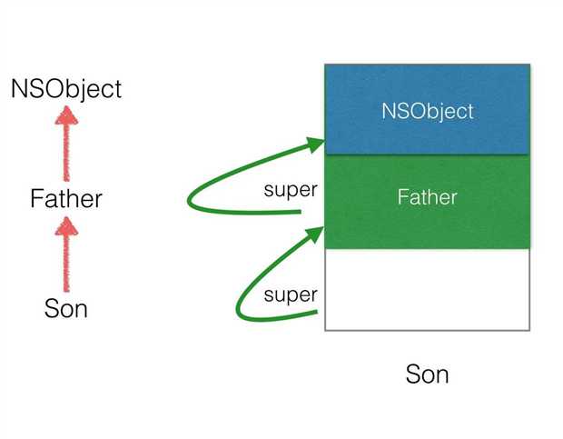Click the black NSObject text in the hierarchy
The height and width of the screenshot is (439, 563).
click(x=66, y=89)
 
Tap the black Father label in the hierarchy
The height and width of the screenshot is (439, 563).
click(x=66, y=199)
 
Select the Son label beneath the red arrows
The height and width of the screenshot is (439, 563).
click(x=66, y=309)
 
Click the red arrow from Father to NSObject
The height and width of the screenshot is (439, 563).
click(x=66, y=144)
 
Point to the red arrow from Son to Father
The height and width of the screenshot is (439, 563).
click(x=66, y=254)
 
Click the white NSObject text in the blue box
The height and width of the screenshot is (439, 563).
click(x=428, y=112)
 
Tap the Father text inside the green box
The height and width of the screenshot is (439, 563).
click(x=428, y=197)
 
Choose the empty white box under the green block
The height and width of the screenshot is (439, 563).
click(x=428, y=290)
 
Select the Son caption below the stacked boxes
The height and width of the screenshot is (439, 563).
click(x=428, y=374)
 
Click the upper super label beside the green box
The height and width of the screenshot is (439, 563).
click(x=291, y=190)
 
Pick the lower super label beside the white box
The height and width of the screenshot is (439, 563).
click(x=291, y=295)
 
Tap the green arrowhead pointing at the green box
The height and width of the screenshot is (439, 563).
click(x=314, y=234)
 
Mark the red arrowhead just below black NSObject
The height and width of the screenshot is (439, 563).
click(x=66, y=115)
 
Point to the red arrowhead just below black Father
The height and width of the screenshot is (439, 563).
click(x=66, y=226)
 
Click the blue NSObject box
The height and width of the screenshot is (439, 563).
click(x=428, y=110)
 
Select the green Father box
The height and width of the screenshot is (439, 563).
click(x=428, y=202)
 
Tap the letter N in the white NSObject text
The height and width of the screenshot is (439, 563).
click(x=389, y=111)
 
